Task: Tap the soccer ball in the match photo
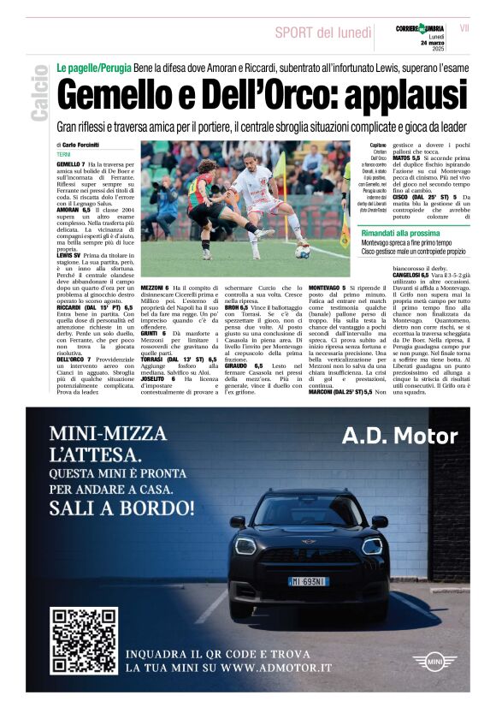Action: click(x=303, y=251)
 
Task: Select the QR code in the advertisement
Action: click(x=84, y=640)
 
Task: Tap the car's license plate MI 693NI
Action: click(x=307, y=582)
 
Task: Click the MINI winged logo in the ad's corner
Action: click(x=434, y=661)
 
